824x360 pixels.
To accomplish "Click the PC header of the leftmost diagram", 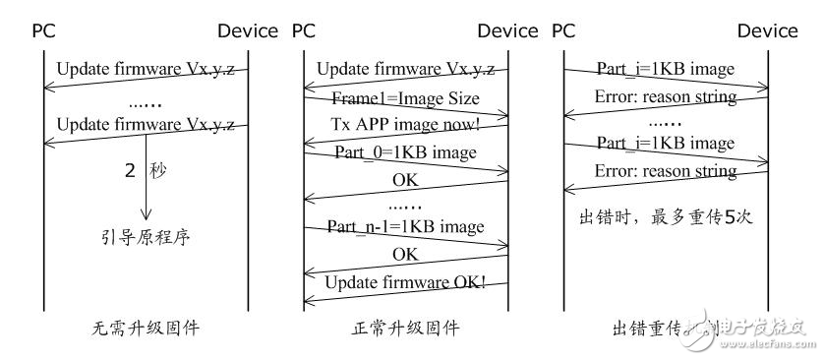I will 44,31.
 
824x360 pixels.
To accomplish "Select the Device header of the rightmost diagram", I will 767,31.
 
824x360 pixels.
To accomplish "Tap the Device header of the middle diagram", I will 507,31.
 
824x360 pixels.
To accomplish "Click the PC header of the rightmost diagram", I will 563,31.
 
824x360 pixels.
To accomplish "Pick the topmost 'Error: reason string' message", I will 666,97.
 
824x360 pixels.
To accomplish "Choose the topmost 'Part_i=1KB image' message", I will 666,69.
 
